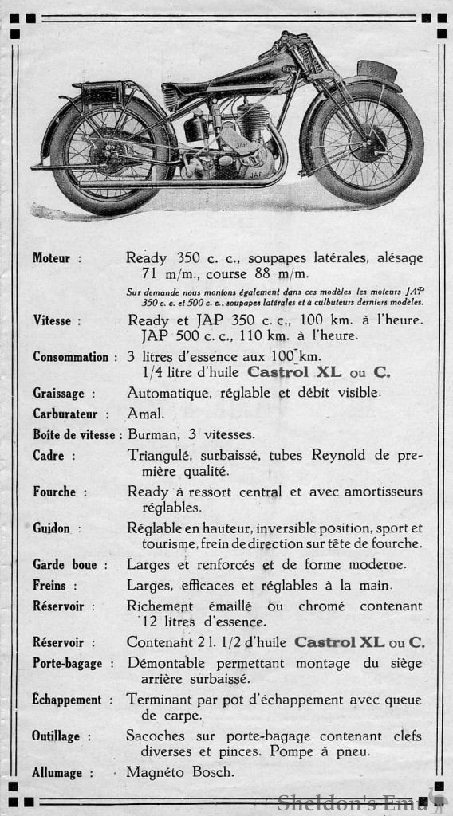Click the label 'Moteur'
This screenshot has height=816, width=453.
pyautogui.click(x=51, y=257)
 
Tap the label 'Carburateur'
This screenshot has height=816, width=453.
pyautogui.click(x=65, y=414)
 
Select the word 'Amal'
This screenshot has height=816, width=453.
pyautogui.click(x=145, y=414)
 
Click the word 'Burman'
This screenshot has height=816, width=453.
pyautogui.click(x=152, y=435)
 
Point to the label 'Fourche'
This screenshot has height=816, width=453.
pyautogui.click(x=54, y=492)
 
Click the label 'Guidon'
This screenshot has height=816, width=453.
pyautogui.click(x=51, y=528)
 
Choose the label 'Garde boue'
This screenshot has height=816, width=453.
pyautogui.click(x=65, y=565)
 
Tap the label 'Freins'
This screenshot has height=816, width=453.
pyautogui.click(x=49, y=586)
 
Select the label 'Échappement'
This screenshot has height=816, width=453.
pyautogui.click(x=67, y=700)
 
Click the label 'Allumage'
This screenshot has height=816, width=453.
pyautogui.click(x=58, y=772)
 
